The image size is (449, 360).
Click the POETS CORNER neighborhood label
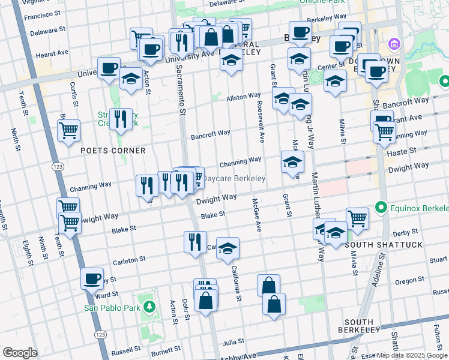point(113,151)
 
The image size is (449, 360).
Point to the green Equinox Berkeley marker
point(380,208)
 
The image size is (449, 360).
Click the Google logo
point(20,353)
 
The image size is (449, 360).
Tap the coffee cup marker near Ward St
point(92,278)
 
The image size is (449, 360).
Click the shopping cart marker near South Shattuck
point(357,218)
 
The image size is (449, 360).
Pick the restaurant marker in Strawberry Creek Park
point(121,119)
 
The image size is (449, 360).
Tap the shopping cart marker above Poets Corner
point(69,130)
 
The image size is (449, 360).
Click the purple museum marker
point(394,43)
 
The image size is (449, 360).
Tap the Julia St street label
point(232,343)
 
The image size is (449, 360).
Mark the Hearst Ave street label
point(52,54)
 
